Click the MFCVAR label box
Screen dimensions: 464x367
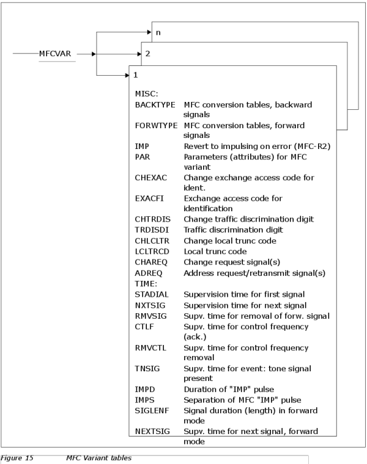56,54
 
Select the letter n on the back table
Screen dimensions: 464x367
158,32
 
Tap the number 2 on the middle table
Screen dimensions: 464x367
147,53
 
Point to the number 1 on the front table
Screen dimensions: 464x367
136,75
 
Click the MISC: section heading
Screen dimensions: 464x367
146,94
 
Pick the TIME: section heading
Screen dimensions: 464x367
146,284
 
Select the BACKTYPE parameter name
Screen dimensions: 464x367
155,105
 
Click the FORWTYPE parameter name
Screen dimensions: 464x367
157,126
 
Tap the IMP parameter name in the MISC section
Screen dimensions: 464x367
142,147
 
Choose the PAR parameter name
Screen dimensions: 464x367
143,157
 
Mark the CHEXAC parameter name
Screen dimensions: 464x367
150,178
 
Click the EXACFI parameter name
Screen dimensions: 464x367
149,198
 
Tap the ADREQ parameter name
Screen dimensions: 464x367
149,273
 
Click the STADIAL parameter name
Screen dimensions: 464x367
151,294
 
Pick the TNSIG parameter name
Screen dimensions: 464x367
147,368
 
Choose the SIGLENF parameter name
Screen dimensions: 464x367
152,411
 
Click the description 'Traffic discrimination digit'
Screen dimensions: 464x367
233,230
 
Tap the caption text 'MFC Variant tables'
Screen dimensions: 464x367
98,458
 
